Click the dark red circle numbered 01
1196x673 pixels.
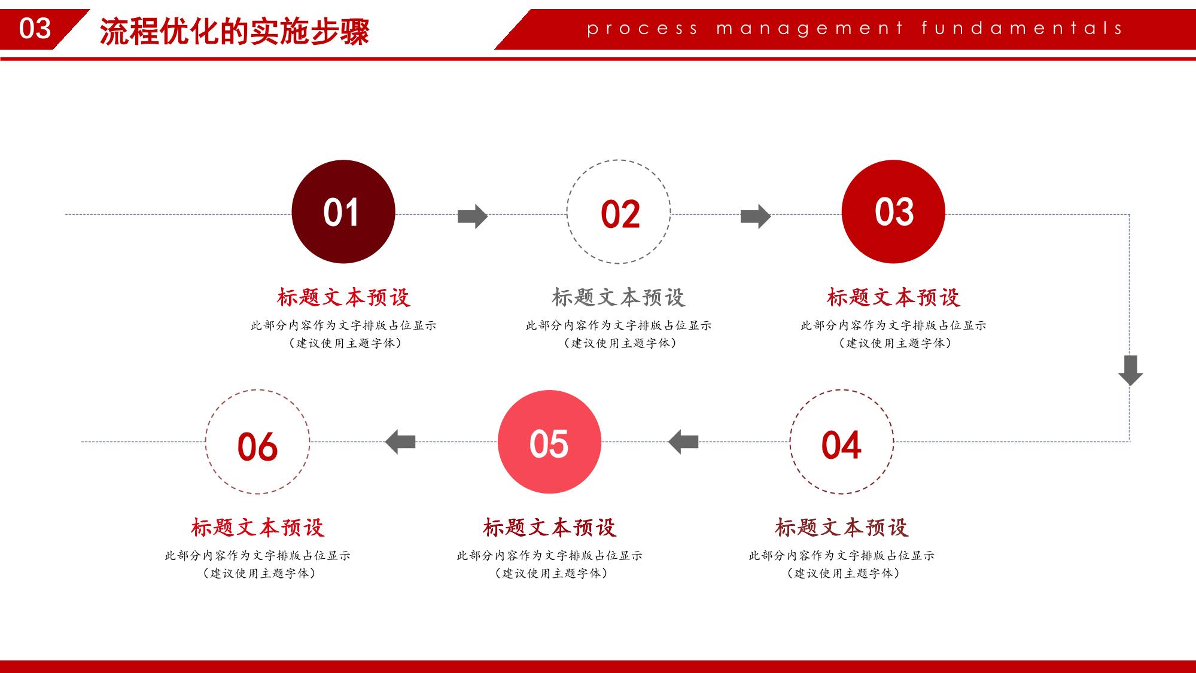343,212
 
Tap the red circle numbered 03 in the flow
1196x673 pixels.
893,212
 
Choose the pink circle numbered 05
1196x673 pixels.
549,442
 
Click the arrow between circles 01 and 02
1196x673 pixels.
473,216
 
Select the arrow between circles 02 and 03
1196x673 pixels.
756,216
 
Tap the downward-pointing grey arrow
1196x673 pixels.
1130,370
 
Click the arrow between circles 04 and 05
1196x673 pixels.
683,442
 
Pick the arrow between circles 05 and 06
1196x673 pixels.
400,442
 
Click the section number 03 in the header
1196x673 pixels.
35,29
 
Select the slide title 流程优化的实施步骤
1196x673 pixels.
235,31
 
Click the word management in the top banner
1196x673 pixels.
809,29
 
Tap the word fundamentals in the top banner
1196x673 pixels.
1022,28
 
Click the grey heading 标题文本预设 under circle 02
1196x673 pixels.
619,297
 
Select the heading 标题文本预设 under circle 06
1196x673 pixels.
258,528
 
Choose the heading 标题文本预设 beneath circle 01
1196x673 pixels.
343,297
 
